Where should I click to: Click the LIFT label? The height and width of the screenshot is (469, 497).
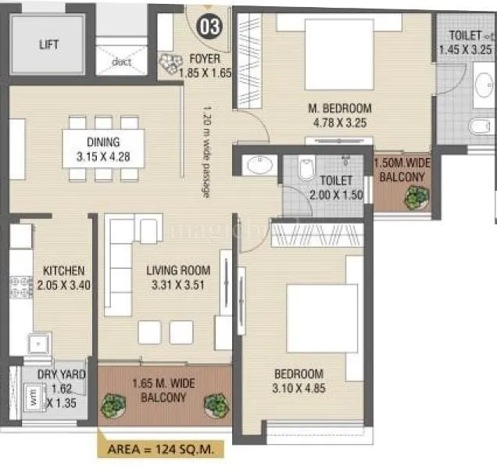tap(48, 45)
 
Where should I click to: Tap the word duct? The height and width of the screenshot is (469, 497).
tap(121, 62)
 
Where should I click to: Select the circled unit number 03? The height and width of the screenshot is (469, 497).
tap(210, 25)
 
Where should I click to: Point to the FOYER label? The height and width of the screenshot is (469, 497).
tap(205, 59)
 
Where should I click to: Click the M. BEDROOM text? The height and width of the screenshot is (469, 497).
tap(338, 109)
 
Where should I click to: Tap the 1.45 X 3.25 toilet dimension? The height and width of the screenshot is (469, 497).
tap(466, 49)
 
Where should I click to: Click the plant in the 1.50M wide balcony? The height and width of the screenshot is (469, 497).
tap(413, 198)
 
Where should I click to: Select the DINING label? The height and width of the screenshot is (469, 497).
tap(103, 142)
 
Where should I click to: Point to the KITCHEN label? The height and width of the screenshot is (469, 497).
tap(63, 270)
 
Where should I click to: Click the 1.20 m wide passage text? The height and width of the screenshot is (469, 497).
tap(206, 150)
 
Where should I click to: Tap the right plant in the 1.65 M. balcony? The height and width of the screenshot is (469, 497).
tap(215, 404)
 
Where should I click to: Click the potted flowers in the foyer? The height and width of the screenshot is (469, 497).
tap(168, 66)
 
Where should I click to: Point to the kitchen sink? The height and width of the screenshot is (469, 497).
tap(36, 342)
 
